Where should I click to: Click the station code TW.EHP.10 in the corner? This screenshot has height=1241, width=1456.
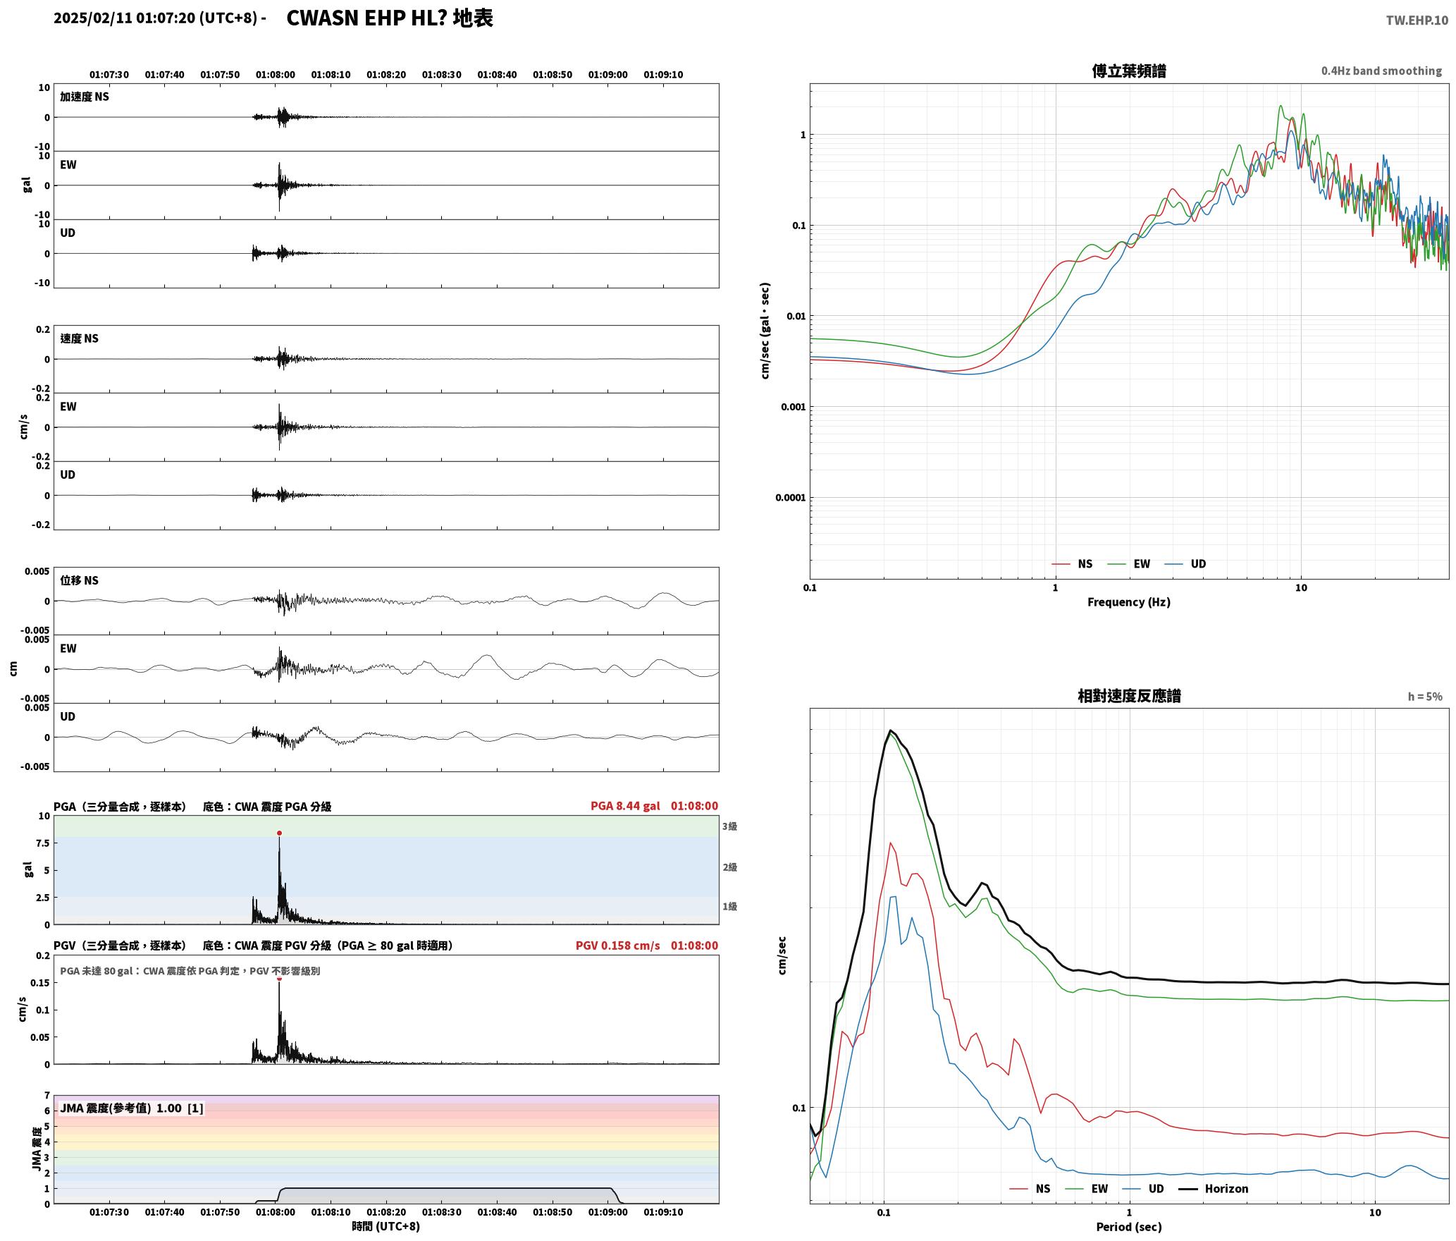pyautogui.click(x=1417, y=20)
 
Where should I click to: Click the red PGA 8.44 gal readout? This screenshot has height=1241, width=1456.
pyautogui.click(x=625, y=806)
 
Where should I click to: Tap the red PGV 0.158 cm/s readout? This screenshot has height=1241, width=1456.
pyautogui.click(x=617, y=946)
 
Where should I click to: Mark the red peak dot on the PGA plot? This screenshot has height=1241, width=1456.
pyautogui.click(x=279, y=833)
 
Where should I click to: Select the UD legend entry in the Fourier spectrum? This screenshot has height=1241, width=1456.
pyautogui.click(x=1185, y=564)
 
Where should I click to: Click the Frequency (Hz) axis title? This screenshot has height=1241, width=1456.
pyautogui.click(x=1128, y=602)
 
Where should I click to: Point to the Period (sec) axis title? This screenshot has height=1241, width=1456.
pyautogui.click(x=1128, y=1227)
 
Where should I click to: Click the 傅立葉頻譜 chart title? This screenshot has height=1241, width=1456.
pyautogui.click(x=1129, y=71)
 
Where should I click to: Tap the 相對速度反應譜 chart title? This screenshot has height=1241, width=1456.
pyautogui.click(x=1129, y=696)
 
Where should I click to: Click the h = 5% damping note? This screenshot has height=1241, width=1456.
pyautogui.click(x=1425, y=697)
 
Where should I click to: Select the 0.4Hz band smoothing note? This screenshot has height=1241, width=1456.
pyautogui.click(x=1381, y=71)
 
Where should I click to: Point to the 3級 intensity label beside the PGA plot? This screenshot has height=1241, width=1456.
pyautogui.click(x=729, y=826)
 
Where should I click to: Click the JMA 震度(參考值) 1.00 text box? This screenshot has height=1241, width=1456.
pyautogui.click(x=132, y=1108)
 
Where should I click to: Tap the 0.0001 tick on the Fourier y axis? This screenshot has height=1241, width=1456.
pyautogui.click(x=790, y=498)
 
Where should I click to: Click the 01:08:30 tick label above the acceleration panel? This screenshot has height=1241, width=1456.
pyautogui.click(x=442, y=75)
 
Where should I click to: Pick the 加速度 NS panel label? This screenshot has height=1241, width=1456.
pyautogui.click(x=85, y=97)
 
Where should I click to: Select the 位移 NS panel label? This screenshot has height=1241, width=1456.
pyautogui.click(x=79, y=580)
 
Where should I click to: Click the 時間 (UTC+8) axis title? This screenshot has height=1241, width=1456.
pyautogui.click(x=386, y=1226)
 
